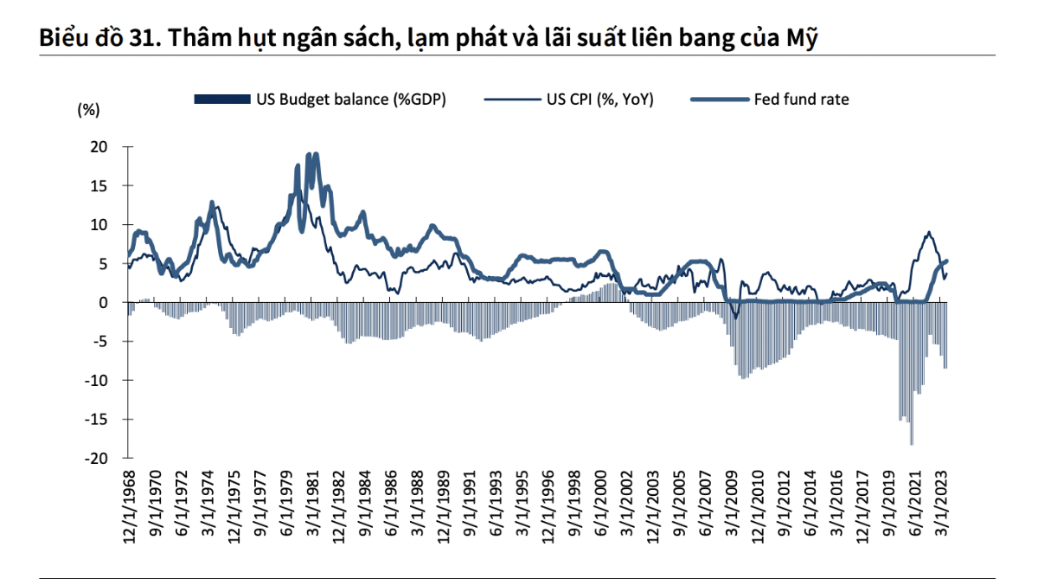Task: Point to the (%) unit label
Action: click(89, 110)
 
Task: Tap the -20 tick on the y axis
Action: click(97, 458)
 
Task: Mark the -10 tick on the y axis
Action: click(97, 380)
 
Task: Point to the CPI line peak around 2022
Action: click(929, 232)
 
